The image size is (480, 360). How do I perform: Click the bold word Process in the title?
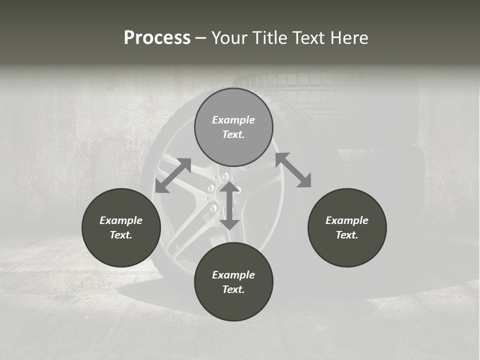point(157,38)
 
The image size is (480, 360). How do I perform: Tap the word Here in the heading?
point(349,38)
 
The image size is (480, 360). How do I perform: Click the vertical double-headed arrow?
point(229,205)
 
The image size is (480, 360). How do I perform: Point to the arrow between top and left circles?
point(173,175)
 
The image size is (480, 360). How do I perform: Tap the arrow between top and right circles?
point(293,170)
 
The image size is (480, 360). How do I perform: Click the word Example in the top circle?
point(233,120)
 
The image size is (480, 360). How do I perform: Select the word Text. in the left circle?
point(121,235)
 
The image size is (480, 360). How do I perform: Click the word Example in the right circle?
point(347,220)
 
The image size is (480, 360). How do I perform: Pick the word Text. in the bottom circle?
point(233,289)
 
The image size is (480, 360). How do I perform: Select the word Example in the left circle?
point(121,220)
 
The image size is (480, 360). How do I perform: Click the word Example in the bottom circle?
point(233,275)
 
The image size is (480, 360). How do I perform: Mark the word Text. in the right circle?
point(347,235)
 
